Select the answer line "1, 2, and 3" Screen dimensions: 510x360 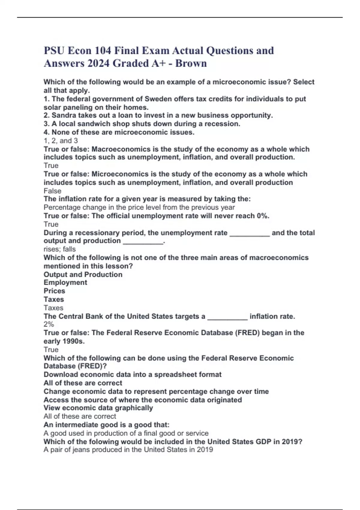coord(61,141)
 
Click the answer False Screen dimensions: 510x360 coord(52,191)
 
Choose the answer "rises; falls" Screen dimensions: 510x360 coord(60,249)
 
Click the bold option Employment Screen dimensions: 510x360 coord(65,283)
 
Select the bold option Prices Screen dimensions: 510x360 coord(54,291)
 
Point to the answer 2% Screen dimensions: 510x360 coord(49,324)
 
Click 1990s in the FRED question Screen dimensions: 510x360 coord(73,341)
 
